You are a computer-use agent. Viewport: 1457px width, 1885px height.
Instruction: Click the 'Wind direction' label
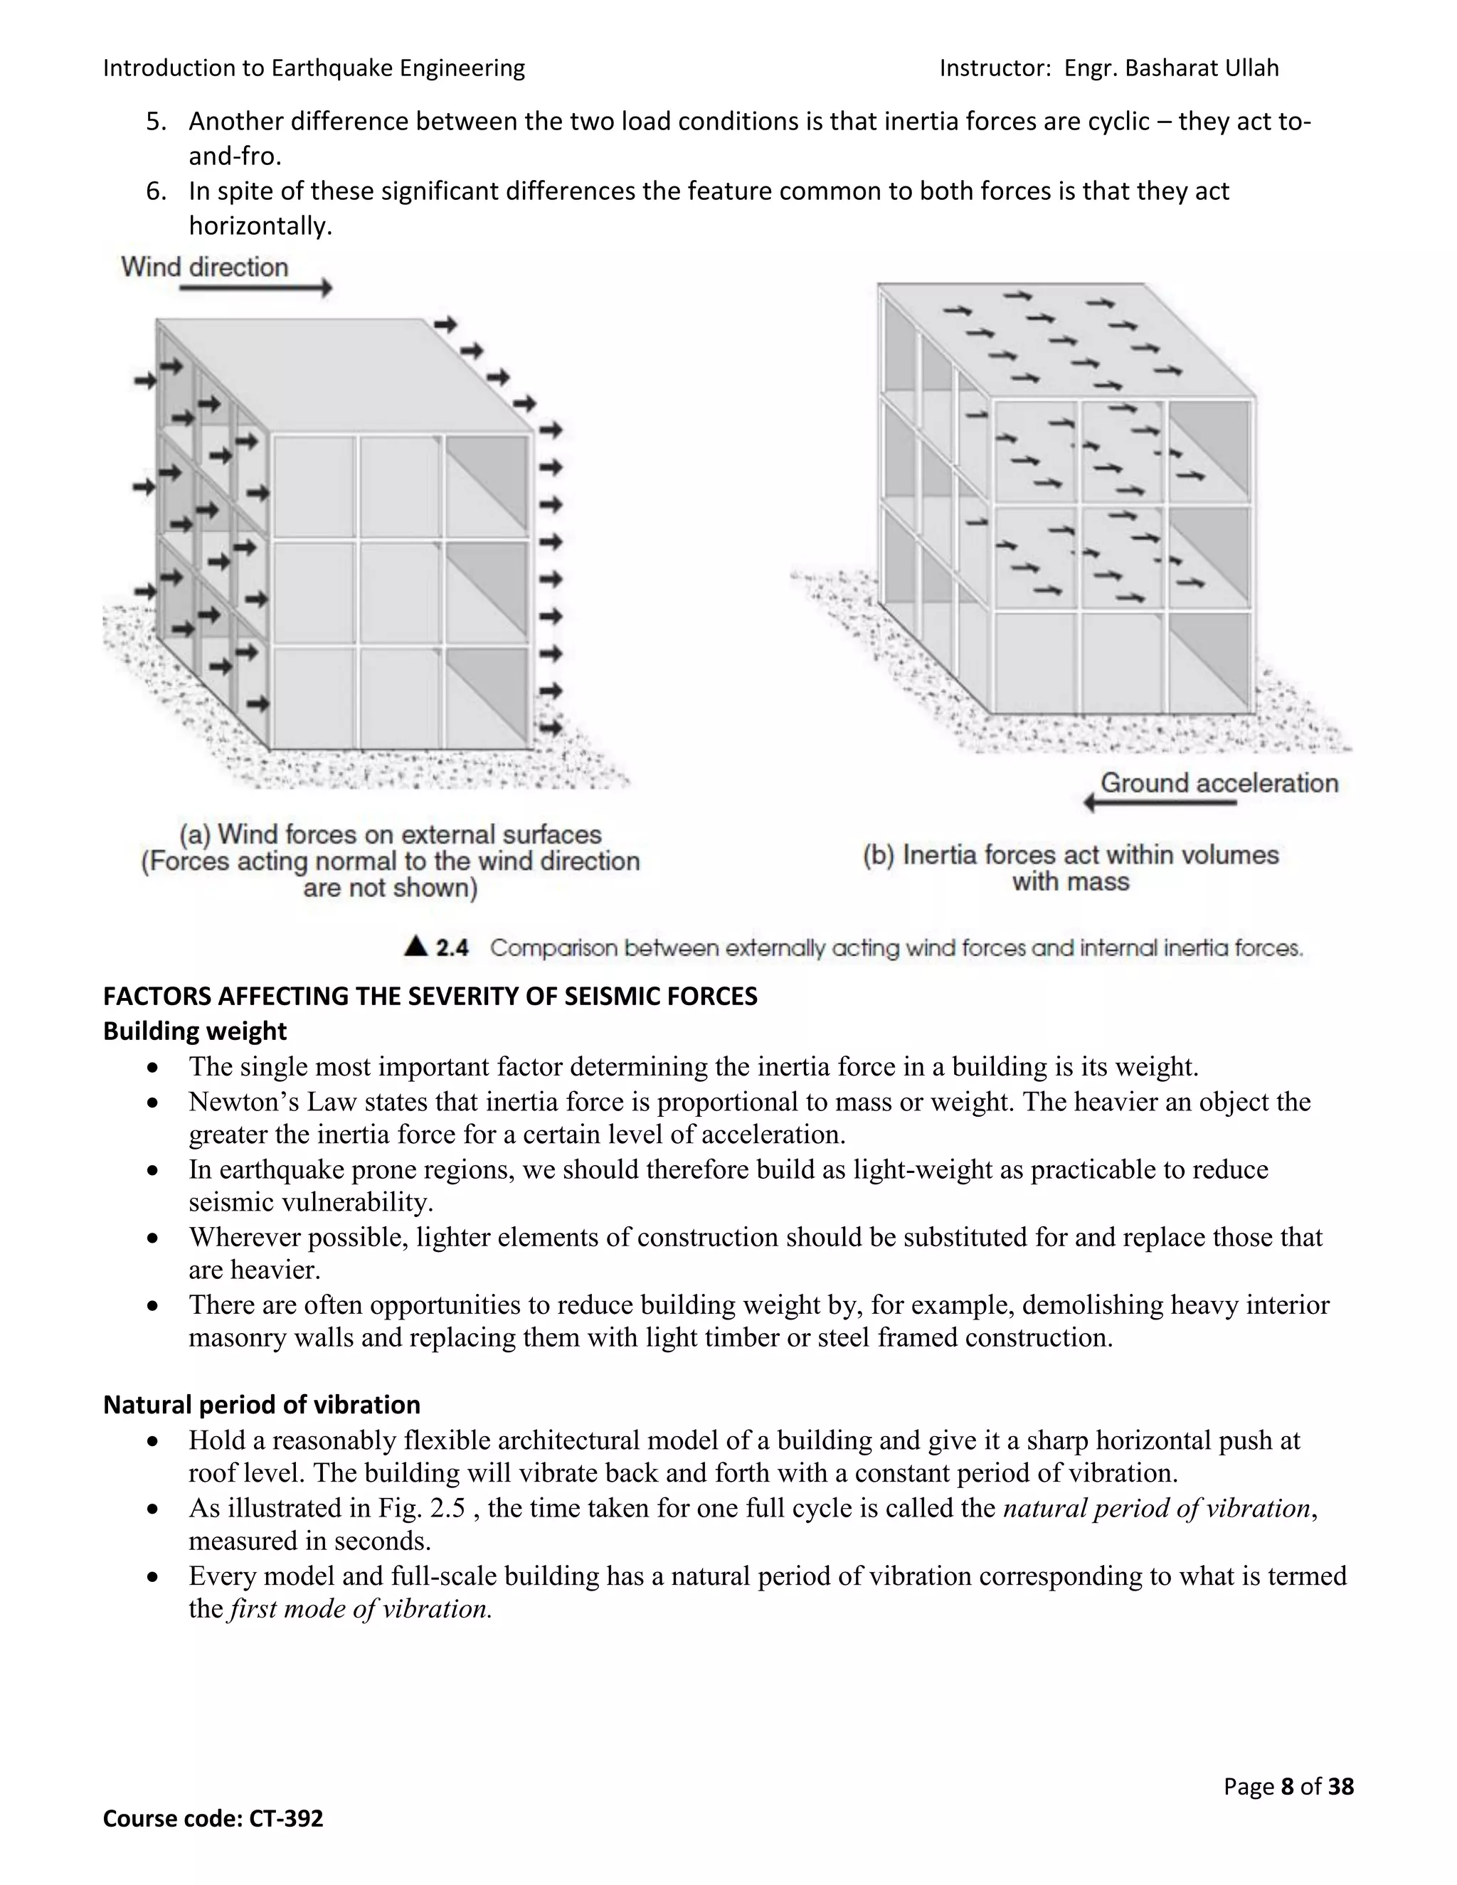point(205,267)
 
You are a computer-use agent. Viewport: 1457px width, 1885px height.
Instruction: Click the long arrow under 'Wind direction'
point(255,289)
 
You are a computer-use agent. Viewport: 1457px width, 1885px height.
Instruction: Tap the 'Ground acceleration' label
point(1219,783)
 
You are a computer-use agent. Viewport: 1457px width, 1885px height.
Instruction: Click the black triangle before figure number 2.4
point(416,946)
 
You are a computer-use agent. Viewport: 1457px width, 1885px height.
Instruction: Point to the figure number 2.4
point(452,947)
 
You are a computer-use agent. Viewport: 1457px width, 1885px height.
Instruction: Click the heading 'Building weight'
point(194,1031)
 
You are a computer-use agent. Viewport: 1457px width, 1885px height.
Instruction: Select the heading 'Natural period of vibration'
point(262,1404)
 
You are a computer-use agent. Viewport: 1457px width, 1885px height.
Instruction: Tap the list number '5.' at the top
point(157,121)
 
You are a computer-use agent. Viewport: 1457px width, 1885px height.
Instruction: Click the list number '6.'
point(157,191)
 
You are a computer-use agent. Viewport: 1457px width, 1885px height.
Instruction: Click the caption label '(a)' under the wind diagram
point(195,834)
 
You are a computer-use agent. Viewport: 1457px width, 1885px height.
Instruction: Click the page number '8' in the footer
point(1287,1785)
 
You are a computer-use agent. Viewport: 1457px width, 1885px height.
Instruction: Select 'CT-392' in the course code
point(286,1819)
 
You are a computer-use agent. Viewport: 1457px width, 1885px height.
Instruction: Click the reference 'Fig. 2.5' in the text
point(421,1508)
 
